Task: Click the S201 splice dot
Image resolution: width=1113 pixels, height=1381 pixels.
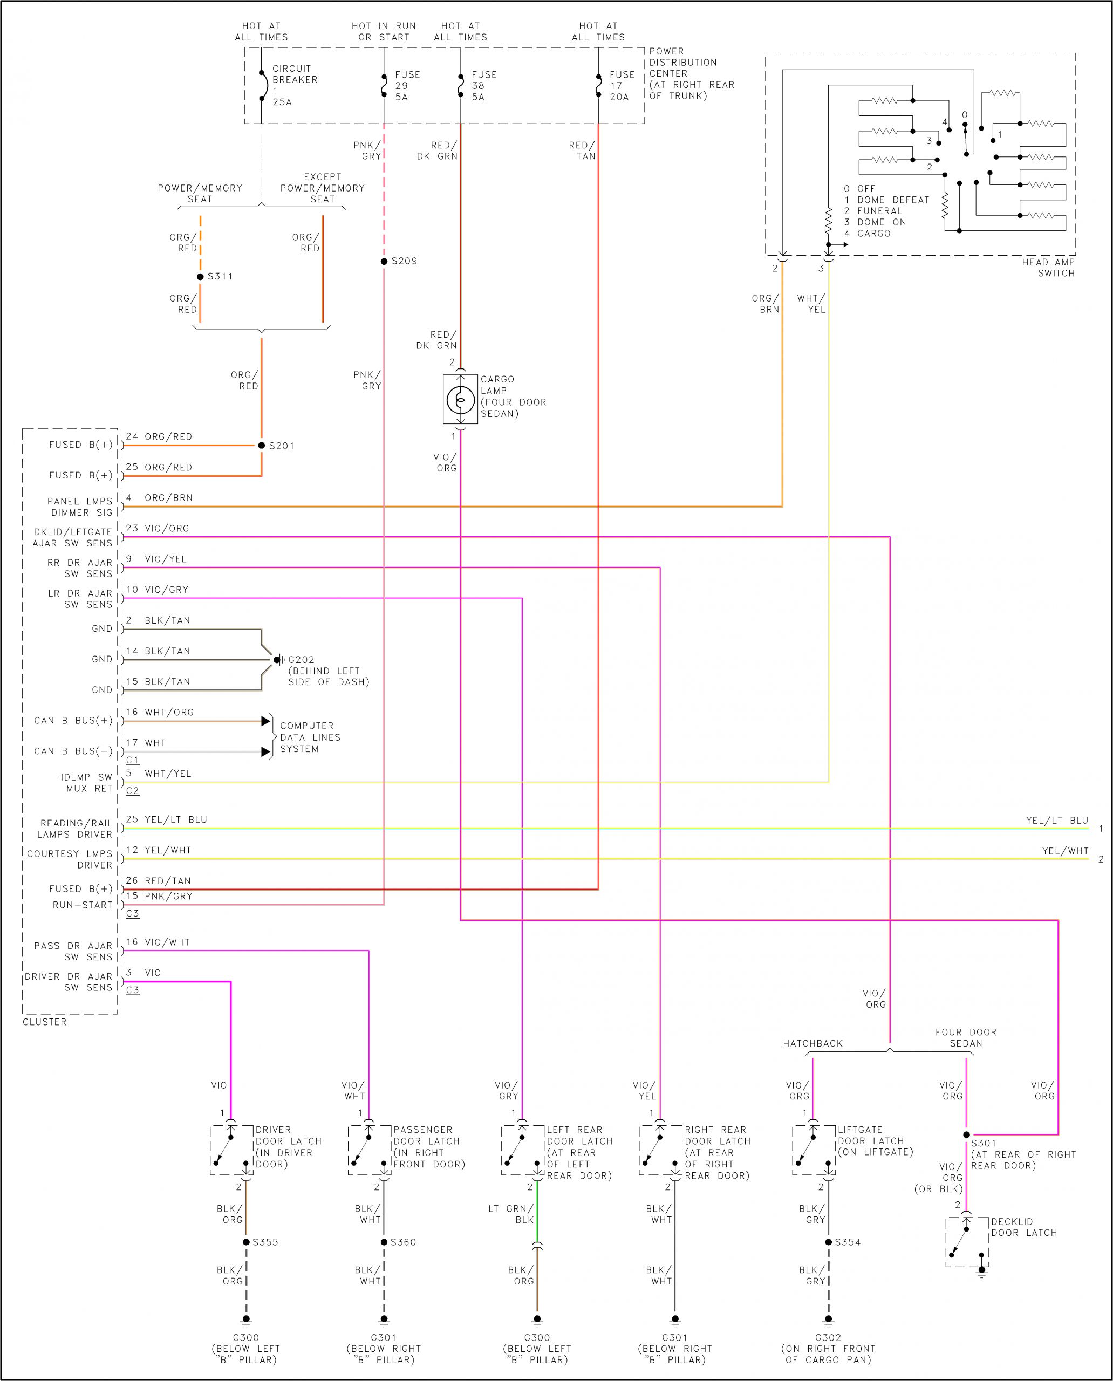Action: pos(262,445)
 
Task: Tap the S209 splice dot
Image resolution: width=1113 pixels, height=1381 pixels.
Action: pos(384,261)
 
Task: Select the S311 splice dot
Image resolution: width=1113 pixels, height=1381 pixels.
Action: pos(200,277)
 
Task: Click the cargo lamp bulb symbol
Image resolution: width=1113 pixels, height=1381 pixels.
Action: pos(460,399)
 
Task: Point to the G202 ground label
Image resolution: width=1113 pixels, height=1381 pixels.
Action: pos(302,659)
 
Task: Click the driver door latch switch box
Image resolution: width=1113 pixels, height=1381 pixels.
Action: pos(231,1150)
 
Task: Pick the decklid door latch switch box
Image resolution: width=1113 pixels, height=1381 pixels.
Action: pos(967,1242)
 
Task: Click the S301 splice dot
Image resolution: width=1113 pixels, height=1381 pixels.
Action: pos(967,1135)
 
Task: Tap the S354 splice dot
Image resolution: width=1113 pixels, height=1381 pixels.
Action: pos(828,1242)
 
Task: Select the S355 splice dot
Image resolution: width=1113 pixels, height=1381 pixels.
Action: pos(246,1242)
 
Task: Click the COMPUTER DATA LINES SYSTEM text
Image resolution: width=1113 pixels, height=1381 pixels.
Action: pos(310,737)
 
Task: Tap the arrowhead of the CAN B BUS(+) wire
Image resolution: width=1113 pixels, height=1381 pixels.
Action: pos(265,721)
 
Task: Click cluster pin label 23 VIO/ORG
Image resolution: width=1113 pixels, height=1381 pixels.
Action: pos(157,528)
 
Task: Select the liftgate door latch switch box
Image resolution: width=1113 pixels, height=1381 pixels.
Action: pos(814,1150)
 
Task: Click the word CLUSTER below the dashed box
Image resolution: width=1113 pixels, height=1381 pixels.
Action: pos(44,1022)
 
